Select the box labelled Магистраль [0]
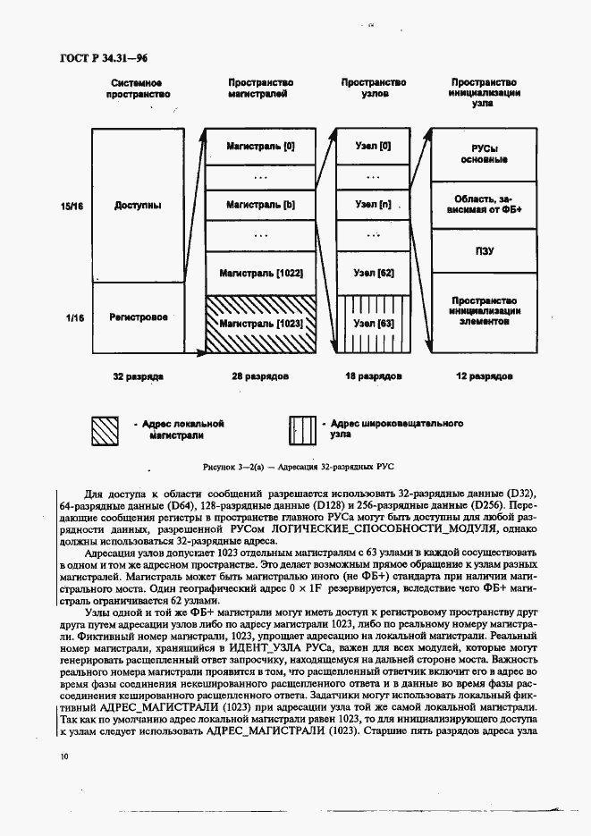pos(260,145)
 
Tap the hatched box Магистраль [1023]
pos(260,323)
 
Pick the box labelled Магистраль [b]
pos(260,205)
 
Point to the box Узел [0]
pos(373,145)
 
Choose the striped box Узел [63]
pos(373,323)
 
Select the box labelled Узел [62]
pos(373,272)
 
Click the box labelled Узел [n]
pos(373,205)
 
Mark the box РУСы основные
pos(484,153)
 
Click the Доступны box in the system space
pos(139,205)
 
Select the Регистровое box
pos(139,317)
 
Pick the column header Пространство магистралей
pos(260,88)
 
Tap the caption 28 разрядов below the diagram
pos(260,376)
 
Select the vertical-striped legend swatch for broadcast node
pos(303,430)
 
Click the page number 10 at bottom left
pos(63,756)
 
